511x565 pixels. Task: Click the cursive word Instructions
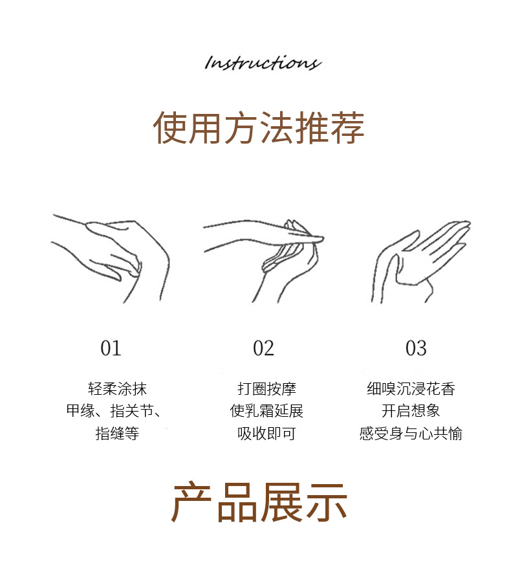(x=263, y=62)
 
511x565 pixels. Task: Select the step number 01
(x=111, y=348)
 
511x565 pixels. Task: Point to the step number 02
(x=263, y=348)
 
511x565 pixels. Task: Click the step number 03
(x=416, y=348)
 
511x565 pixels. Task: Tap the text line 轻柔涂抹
(x=117, y=389)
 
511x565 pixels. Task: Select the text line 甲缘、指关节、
(x=114, y=411)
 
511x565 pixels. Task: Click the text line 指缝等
(x=117, y=433)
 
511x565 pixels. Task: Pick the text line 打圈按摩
(x=266, y=389)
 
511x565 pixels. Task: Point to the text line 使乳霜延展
(x=266, y=411)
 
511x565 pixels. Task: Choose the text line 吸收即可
(x=266, y=433)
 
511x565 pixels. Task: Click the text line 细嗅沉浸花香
(x=411, y=389)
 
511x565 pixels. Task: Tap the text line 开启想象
(x=411, y=411)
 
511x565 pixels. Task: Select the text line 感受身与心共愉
(x=411, y=433)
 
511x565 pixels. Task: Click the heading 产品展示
(x=259, y=503)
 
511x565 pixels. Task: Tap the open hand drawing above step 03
(x=421, y=261)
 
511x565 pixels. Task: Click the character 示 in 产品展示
(x=326, y=503)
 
